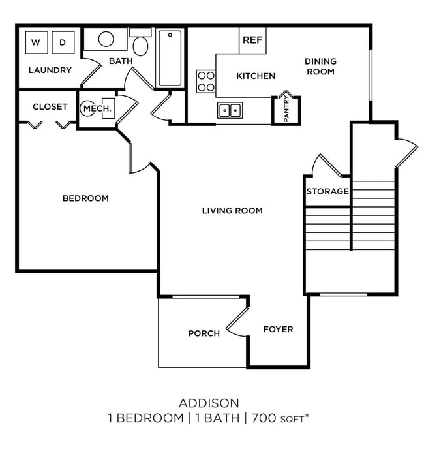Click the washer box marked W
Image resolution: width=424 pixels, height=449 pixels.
pyautogui.click(x=36, y=42)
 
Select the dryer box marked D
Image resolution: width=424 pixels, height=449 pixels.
pyautogui.click(x=63, y=42)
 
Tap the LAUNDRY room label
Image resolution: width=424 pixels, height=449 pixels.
pyautogui.click(x=50, y=70)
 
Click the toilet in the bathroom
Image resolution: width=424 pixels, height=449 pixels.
pyautogui.click(x=140, y=44)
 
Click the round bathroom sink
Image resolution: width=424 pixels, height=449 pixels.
pyautogui.click(x=108, y=39)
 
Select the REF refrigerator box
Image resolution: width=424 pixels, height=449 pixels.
pyautogui.click(x=252, y=40)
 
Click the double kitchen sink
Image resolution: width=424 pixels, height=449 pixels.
pyautogui.click(x=230, y=110)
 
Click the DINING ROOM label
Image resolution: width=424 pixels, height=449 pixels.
pyautogui.click(x=320, y=67)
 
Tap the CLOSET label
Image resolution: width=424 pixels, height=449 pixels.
pyautogui.click(x=50, y=106)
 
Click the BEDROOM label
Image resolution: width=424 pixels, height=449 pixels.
pyautogui.click(x=85, y=198)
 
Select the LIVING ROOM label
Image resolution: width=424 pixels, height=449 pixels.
pyautogui.click(x=232, y=210)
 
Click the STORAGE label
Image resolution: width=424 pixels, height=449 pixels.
pyautogui.click(x=327, y=191)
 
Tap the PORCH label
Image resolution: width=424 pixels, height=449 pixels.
pyautogui.click(x=204, y=333)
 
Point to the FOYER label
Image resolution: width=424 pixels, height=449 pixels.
pyautogui.click(x=278, y=329)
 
